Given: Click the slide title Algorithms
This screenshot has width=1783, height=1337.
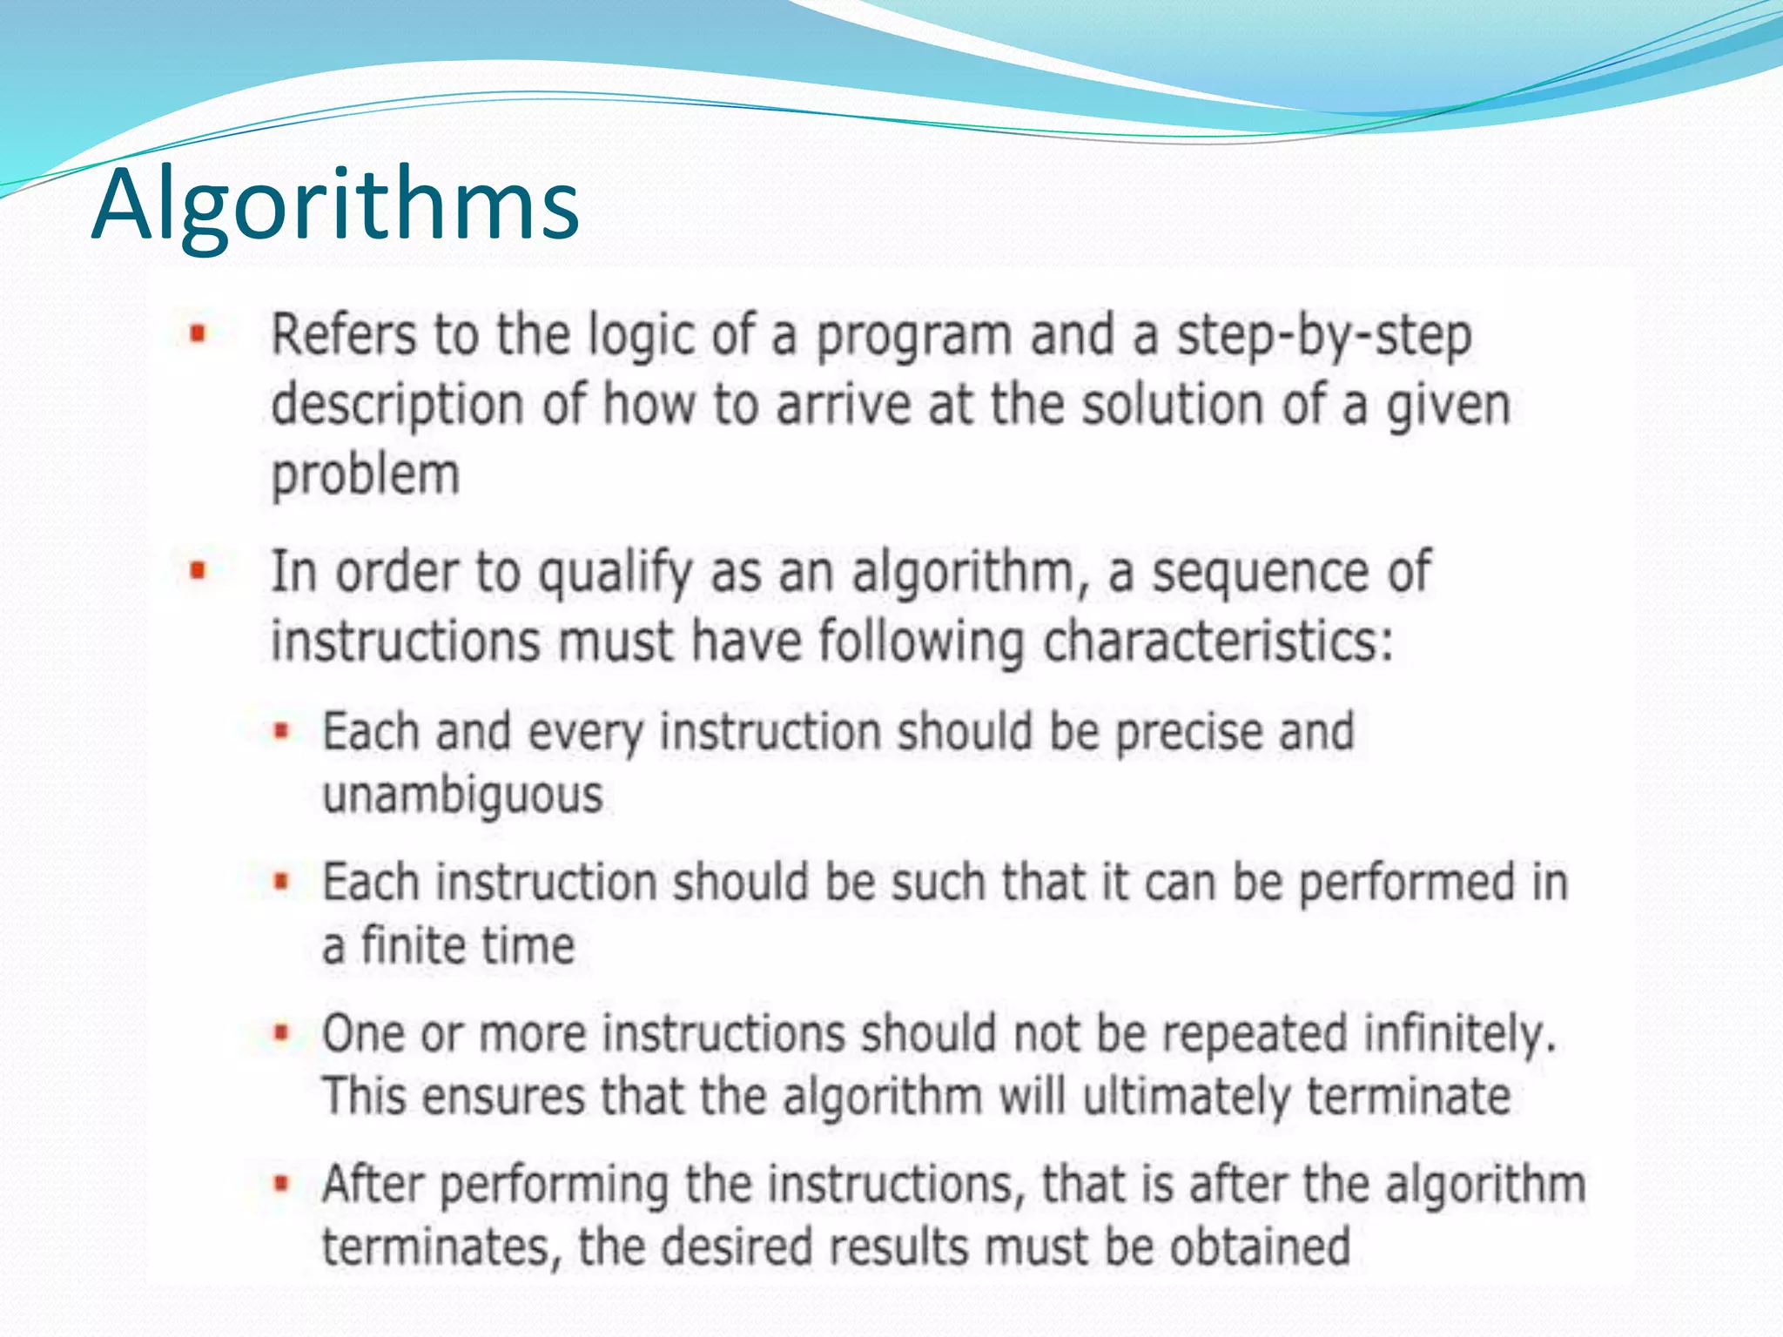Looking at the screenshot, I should pos(335,206).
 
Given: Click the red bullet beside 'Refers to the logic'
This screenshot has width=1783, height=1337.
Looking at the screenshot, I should pos(198,333).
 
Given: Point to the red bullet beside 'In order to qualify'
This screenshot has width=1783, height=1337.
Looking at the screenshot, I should pos(198,571).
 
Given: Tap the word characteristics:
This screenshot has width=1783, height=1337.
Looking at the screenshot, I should pos(1218,642).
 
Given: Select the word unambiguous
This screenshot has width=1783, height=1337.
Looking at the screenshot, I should pos(462,796).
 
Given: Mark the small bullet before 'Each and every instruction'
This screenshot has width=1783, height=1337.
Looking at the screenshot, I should pos(280,731).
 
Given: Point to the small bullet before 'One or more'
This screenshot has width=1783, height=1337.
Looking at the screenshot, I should pos(280,1033).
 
